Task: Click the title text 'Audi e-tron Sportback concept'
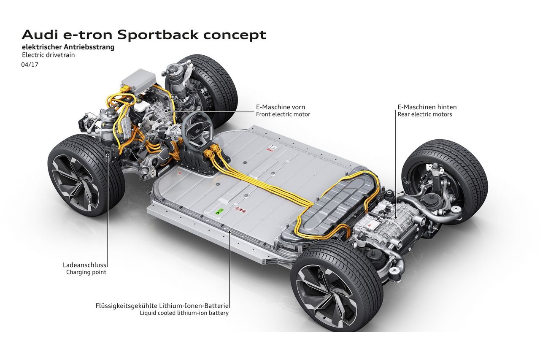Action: pos(144,35)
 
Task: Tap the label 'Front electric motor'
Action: pos(283,114)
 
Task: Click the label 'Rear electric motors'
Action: pos(424,114)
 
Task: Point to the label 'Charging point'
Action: pos(86,272)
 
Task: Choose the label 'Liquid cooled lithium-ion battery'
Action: pos(184,313)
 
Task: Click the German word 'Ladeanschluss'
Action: pos(84,265)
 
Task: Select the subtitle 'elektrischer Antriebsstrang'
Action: pos(68,47)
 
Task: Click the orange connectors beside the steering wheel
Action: pos(213,152)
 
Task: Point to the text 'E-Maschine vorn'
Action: pos(280,107)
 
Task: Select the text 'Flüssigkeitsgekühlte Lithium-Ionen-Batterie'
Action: pos(162,306)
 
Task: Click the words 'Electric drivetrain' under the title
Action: pos(48,55)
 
